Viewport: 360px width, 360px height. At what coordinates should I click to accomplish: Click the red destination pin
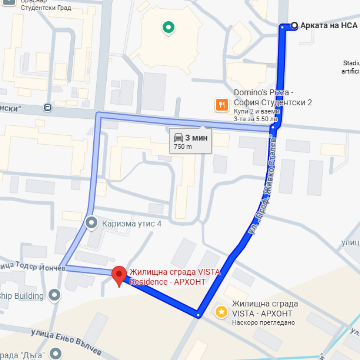coord(119,275)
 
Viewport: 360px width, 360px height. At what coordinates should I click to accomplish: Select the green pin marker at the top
coord(168,27)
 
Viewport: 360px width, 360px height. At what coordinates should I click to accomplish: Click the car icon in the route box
coord(179,137)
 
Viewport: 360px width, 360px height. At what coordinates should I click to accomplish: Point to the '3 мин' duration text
coord(197,138)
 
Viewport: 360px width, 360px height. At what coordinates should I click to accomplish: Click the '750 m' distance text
coord(183,147)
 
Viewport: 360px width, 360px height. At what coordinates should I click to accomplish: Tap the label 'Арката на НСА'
coord(329,26)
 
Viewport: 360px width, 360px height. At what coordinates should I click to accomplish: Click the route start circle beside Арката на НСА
coord(294,25)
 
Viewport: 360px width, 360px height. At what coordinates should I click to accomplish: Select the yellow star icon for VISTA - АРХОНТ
coord(221,312)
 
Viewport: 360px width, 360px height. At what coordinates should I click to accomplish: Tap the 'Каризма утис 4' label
coord(132,223)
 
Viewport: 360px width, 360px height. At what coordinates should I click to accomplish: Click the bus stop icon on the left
coord(48,107)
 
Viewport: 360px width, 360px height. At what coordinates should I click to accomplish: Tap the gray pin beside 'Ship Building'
coord(54,295)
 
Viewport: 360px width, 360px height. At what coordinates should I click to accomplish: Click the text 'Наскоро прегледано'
coord(263,322)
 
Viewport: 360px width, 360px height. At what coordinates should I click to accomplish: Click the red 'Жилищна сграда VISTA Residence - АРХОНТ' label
coord(175,277)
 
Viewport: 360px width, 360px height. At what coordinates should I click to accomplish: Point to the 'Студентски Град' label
coord(46,8)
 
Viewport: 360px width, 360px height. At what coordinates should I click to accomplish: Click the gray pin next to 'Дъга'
coord(55,354)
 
